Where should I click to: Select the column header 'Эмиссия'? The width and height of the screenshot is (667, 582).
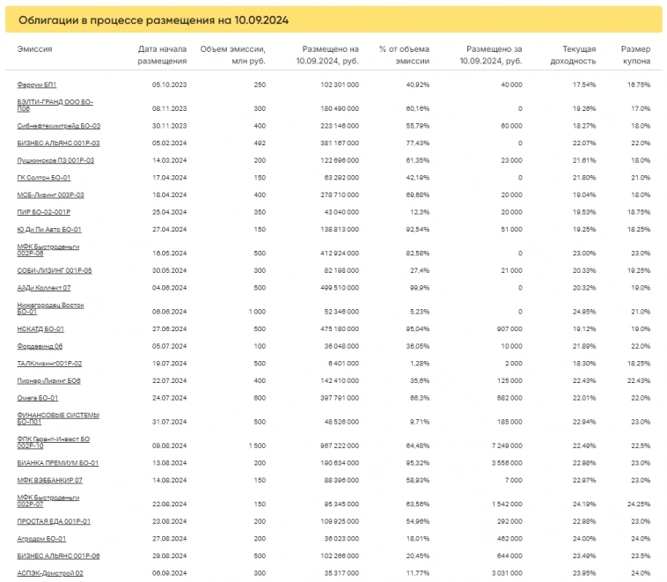click(x=34, y=49)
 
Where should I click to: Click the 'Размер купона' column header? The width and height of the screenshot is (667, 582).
click(x=635, y=55)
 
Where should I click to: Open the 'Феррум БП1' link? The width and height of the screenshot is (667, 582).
click(x=37, y=85)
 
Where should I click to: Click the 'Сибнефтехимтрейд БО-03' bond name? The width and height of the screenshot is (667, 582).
click(x=58, y=126)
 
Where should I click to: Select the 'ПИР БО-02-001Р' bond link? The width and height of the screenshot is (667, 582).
click(x=44, y=212)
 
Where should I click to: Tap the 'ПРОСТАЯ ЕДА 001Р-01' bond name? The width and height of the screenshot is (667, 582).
click(x=54, y=521)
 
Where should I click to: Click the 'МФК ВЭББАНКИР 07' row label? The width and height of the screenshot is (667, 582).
click(x=50, y=480)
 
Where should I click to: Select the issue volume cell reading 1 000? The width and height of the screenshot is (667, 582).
click(x=256, y=312)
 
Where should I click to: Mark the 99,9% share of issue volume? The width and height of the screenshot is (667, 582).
click(x=417, y=287)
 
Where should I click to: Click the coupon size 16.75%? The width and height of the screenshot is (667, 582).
click(x=638, y=85)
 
